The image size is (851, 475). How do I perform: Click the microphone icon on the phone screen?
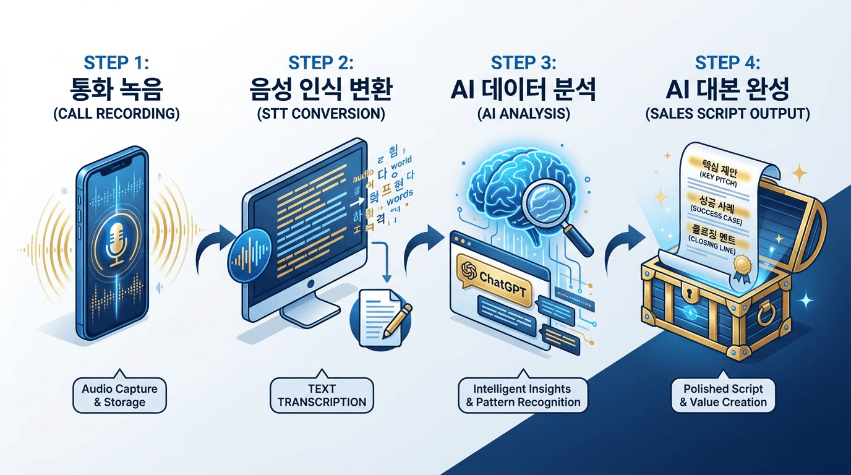pyautogui.click(x=116, y=244)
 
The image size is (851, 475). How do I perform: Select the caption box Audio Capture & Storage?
pyautogui.click(x=119, y=396)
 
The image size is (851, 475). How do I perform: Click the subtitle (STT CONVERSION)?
pyautogui.click(x=321, y=115)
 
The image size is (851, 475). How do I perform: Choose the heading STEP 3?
pyautogui.click(x=523, y=63)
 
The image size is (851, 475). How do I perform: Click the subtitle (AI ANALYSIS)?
pyautogui.click(x=523, y=115)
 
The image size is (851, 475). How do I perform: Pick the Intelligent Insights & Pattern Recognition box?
pyautogui.click(x=523, y=396)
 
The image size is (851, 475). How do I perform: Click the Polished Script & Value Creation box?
pyautogui.click(x=723, y=396)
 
